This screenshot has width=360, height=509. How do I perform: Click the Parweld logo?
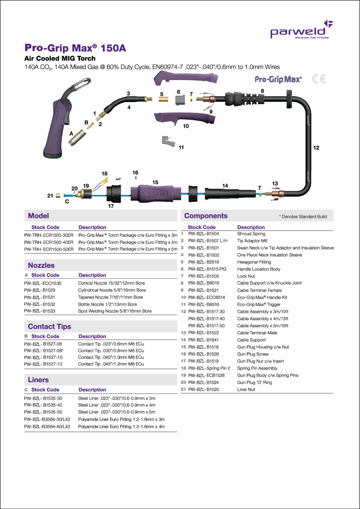301,30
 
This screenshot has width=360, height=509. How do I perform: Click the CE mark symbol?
319,79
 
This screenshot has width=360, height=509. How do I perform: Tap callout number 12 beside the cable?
316,148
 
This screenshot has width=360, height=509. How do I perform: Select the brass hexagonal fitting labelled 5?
163,99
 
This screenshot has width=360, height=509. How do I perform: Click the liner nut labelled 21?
58,196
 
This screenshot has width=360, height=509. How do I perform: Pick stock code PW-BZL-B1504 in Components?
203,234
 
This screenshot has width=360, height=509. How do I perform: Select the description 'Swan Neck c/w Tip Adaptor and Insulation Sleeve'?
285,248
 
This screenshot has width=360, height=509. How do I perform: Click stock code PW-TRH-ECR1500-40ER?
49,242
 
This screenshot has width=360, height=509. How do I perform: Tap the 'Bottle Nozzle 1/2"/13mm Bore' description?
107,304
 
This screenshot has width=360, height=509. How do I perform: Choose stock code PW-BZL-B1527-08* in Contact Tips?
44,351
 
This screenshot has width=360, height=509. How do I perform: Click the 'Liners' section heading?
38,380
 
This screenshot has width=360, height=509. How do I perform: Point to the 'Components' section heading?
206,216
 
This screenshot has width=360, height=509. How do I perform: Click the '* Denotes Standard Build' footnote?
303,216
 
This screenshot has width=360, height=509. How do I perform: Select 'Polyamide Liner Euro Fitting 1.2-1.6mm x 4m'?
121,427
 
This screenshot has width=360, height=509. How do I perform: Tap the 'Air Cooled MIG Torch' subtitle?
60,58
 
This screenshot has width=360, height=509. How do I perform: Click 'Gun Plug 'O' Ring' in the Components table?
255,383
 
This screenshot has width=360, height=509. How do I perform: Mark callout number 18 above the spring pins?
104,174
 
